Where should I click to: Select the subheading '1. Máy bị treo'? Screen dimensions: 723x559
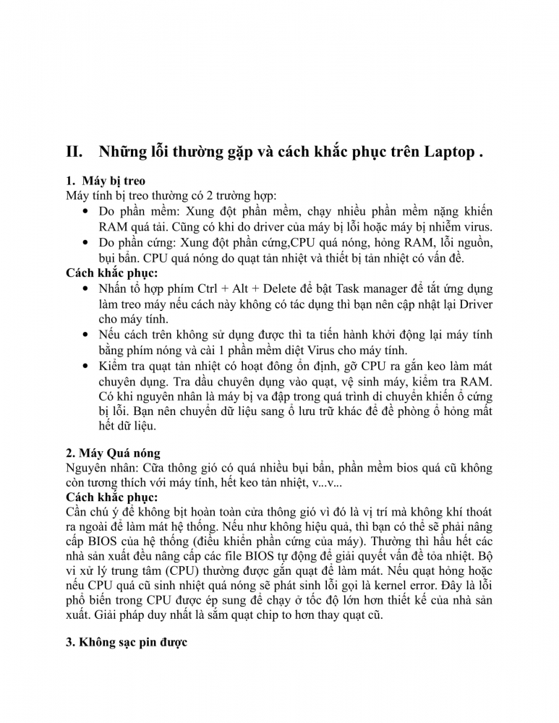click(105, 181)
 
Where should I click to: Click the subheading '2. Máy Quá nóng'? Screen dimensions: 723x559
click(112, 453)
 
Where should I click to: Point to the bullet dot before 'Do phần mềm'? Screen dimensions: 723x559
click(87, 212)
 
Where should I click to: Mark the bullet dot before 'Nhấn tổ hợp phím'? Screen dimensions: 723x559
click(87, 288)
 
